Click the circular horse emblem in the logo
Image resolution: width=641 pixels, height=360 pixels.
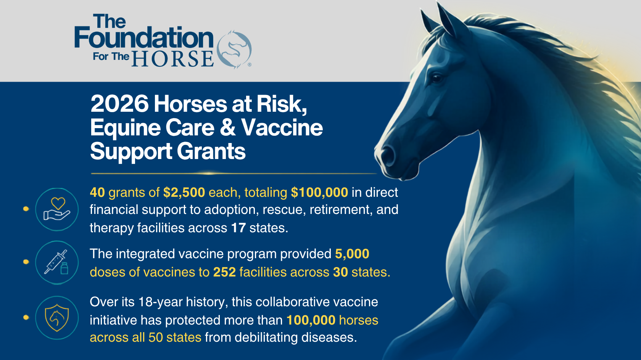[x=234, y=50]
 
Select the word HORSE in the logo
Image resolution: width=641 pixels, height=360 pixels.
[x=173, y=59]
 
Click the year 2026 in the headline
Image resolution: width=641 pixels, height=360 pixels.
[x=120, y=104]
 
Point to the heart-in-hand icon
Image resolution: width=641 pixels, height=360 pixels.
[x=56, y=209]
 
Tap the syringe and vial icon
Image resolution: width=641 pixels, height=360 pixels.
[x=56, y=262]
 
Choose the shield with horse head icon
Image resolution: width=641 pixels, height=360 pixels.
[x=56, y=317]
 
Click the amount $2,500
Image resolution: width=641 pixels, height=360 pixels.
[x=184, y=193]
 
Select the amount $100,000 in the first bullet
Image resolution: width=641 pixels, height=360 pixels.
[x=319, y=193]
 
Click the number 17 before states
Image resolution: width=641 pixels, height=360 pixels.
[x=238, y=228]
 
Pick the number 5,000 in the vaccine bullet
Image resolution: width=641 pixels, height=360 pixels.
[x=352, y=254]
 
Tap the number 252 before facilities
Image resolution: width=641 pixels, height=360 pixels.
[x=224, y=272]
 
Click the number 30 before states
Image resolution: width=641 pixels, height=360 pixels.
[x=340, y=272]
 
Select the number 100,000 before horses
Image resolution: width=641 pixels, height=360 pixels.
[x=311, y=320]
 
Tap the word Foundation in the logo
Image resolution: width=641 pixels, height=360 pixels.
[x=144, y=37]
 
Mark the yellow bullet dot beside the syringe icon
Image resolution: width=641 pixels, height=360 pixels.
[x=26, y=262]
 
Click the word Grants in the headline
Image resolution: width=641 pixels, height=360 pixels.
[x=211, y=151]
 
